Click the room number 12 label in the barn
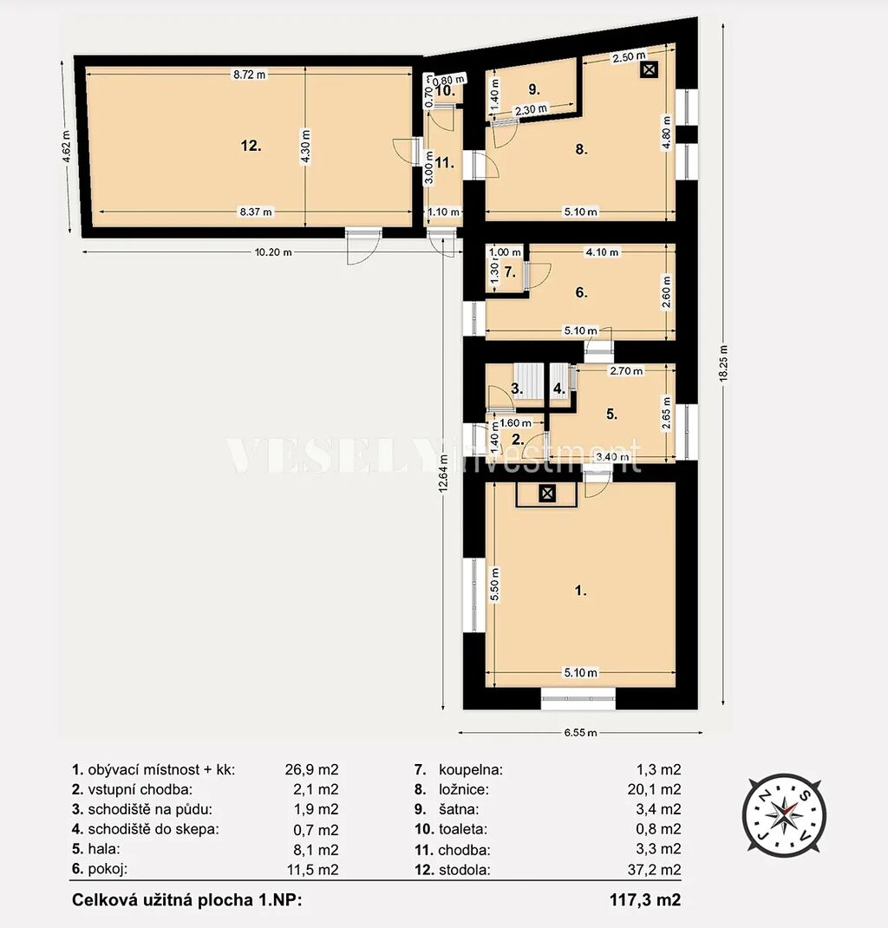coord(251,146)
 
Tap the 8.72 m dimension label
coord(249,75)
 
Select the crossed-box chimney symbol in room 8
coord(649,70)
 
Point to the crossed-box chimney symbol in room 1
coord(547,493)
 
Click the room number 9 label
coord(534,89)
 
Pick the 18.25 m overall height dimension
coord(723,364)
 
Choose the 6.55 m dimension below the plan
coord(580,733)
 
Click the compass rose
coord(784,815)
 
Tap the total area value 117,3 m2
coord(645,900)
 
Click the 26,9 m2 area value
coord(312,770)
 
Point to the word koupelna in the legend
coord(471,770)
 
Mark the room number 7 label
coord(510,273)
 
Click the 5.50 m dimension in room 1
coord(494,585)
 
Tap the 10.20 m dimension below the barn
coord(273,252)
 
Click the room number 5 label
coord(611,415)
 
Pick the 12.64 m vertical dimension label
coord(443,473)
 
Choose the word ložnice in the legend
coord(463,789)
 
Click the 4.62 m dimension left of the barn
coord(66,147)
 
